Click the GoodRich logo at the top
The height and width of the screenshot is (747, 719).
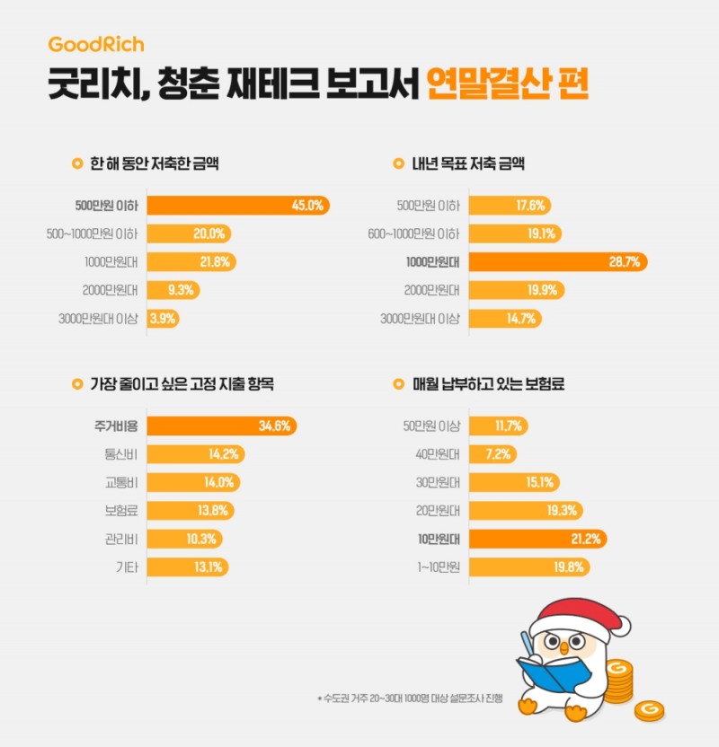pos(96,44)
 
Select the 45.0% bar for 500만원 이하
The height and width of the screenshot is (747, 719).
pos(238,206)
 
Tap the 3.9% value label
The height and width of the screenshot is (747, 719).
pos(163,318)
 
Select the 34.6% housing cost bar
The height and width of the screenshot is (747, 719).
pos(221,426)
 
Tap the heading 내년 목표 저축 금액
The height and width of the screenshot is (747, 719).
pos(467,164)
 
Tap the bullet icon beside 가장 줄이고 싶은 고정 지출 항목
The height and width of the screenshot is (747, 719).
pos(76,384)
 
